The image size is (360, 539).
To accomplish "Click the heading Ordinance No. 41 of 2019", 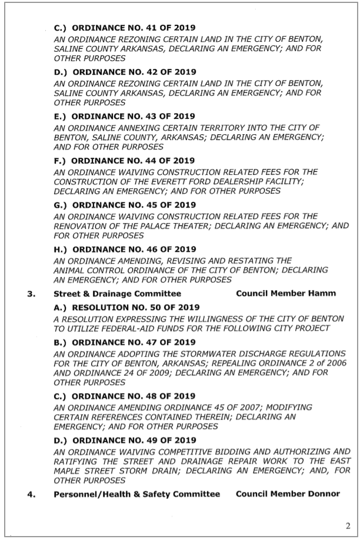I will [x=125, y=28].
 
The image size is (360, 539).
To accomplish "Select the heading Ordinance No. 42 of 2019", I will [x=125, y=72].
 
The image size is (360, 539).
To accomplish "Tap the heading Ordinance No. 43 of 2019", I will [x=124, y=116].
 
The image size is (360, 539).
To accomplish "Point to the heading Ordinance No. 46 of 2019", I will [x=125, y=248].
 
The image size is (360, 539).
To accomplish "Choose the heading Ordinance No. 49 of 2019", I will [x=125, y=440].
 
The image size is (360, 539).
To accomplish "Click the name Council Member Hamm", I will [x=285, y=293].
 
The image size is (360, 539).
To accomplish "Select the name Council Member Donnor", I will [x=288, y=494].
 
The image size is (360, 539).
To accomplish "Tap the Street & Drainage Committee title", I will [x=117, y=293].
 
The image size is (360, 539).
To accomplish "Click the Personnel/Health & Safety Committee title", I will [x=136, y=494].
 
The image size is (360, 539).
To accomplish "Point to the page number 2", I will [x=346, y=524].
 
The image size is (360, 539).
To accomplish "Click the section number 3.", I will [x=29, y=293].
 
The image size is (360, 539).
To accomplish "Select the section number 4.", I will [x=29, y=494].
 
